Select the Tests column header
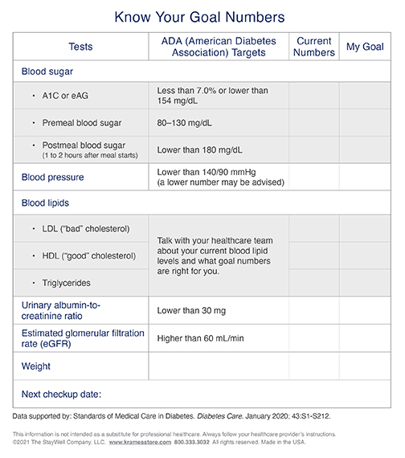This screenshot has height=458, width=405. (x=80, y=47)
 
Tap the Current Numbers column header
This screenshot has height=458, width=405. (x=313, y=47)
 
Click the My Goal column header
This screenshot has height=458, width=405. (x=365, y=47)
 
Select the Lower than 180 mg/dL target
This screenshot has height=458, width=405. (x=198, y=150)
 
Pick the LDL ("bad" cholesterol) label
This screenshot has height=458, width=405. (x=86, y=229)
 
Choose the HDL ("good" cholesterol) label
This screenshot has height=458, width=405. (x=88, y=256)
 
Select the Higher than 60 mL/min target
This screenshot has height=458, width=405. (x=200, y=338)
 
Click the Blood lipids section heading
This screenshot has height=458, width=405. (x=45, y=203)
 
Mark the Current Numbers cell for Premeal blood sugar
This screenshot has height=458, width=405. (x=313, y=123)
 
